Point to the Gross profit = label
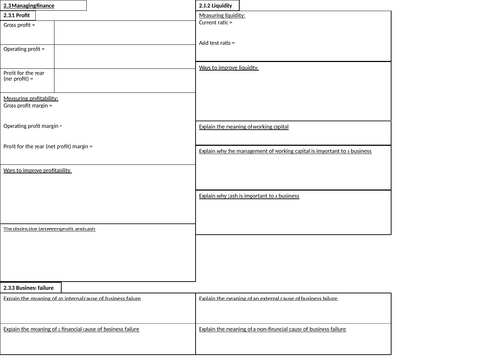[x=19, y=25]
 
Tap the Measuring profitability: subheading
[x=31, y=99]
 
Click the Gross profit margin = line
[x=32, y=106]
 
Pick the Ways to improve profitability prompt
[x=37, y=170]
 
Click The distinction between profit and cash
[x=49, y=228]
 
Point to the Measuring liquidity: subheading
[x=222, y=16]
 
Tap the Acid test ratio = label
[x=219, y=43]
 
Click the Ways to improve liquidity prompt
[x=228, y=68]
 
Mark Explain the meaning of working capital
[x=243, y=126]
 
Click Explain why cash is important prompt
[x=249, y=196]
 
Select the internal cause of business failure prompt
[x=72, y=299]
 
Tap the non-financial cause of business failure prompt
[x=272, y=329]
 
